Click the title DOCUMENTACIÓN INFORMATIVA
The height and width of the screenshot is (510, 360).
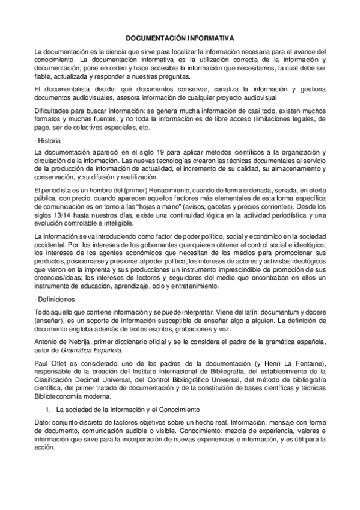180,37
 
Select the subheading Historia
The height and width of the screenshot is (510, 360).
49,140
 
